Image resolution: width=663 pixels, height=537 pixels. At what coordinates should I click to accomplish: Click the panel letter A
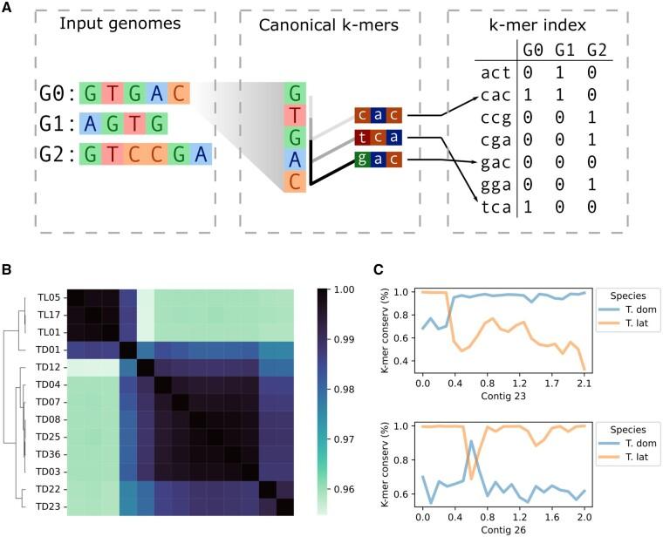[x=7, y=8]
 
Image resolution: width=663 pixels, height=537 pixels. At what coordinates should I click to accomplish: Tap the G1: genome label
[x=55, y=125]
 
